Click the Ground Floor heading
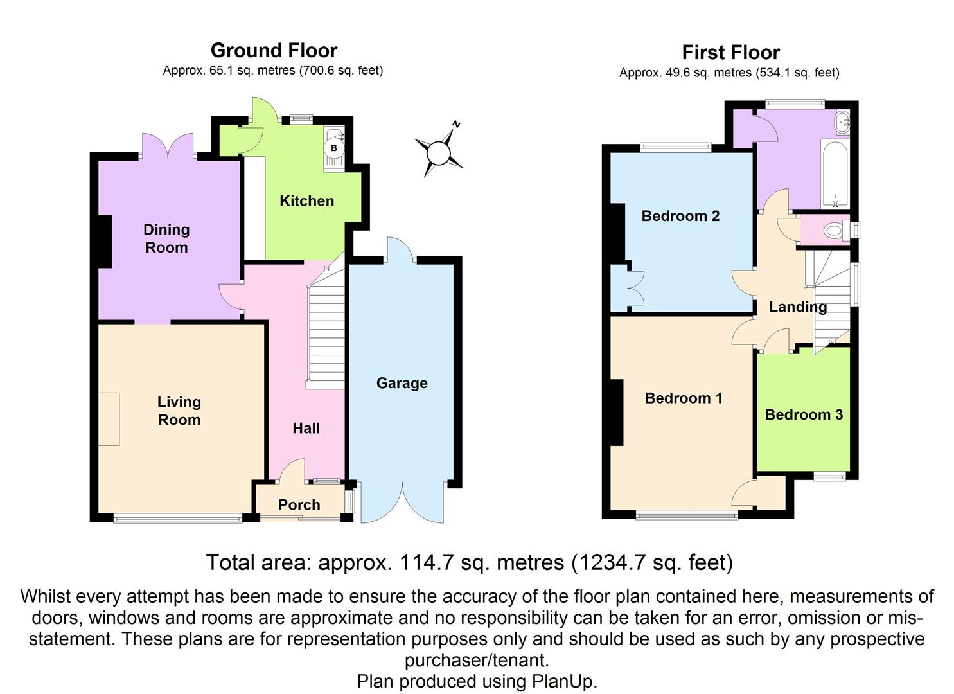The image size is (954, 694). coord(274,50)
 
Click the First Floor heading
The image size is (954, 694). coord(730,52)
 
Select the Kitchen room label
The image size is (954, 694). coord(306,201)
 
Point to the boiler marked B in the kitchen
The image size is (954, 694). coord(333,148)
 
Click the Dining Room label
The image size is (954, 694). coord(166,238)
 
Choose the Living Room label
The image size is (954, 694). coord(179,411)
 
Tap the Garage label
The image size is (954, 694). coord(402,383)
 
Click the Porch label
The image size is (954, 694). coord(299,505)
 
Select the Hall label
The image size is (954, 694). coord(306,429)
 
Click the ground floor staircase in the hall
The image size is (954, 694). coord(326,334)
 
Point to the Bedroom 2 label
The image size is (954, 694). coord(680,216)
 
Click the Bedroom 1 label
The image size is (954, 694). coord(684,398)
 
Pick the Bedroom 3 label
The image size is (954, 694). coord(804,414)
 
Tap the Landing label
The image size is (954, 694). coord(798,307)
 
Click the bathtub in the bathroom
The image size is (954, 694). coord(835,173)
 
